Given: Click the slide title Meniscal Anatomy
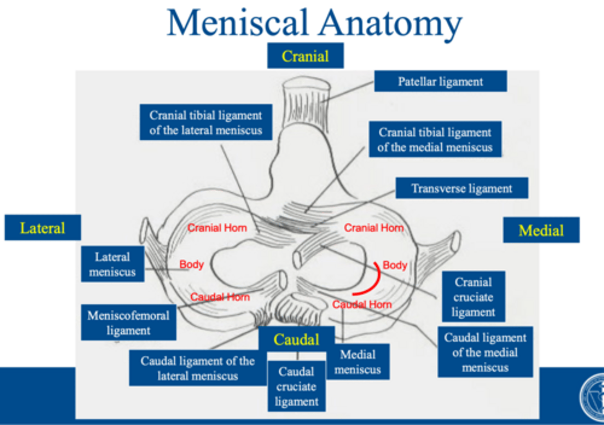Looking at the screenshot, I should [314, 23].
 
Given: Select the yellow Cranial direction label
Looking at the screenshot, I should [305, 56].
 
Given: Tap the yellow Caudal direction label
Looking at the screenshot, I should [297, 339].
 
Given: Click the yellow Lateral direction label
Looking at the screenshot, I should [42, 228].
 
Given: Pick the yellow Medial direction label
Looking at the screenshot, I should [541, 230].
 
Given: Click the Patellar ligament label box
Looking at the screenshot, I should [440, 81].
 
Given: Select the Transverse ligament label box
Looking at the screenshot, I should [461, 188].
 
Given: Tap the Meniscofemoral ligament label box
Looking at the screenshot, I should [128, 323].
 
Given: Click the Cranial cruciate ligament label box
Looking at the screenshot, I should [473, 297].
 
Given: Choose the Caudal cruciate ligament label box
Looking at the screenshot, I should [297, 386].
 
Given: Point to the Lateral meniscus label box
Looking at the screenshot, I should [112, 264].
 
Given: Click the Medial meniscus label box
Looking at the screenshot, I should [358, 362].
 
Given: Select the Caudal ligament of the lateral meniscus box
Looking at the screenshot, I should [198, 368].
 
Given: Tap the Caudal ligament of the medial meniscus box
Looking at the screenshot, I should [485, 352].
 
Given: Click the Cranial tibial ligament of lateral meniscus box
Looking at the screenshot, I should [206, 123].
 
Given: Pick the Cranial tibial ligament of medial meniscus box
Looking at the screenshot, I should [435, 139].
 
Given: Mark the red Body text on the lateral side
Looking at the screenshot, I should [191, 264].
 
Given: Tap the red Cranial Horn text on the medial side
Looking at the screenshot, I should [374, 228].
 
